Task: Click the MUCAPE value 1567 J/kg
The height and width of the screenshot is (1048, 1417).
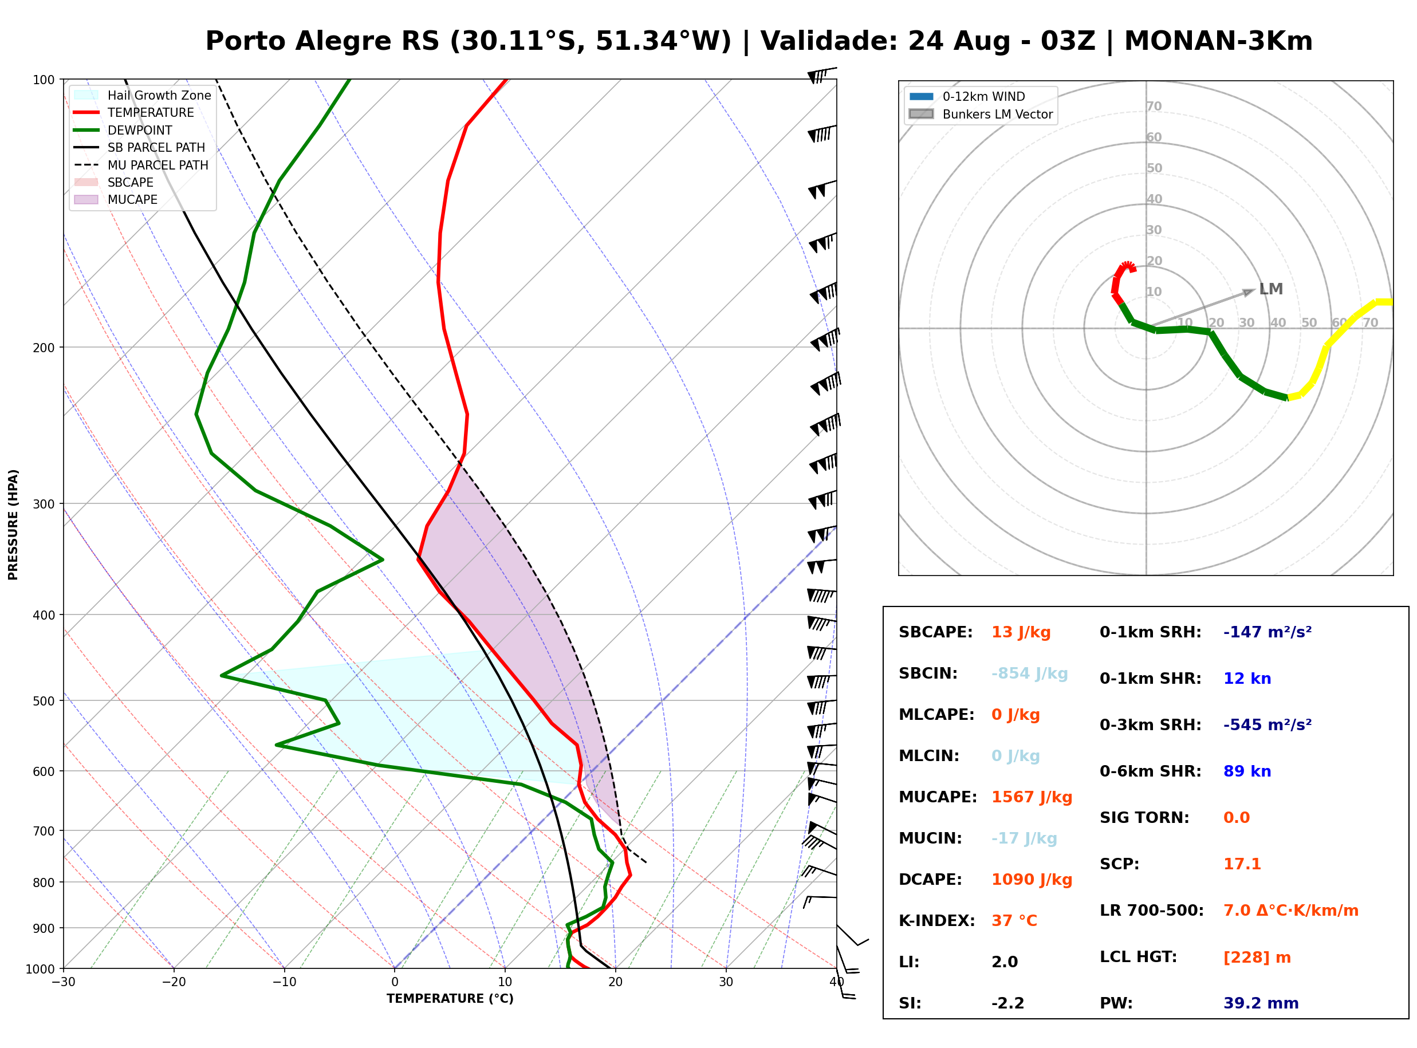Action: (1032, 797)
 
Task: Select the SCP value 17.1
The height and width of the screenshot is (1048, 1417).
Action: (1242, 864)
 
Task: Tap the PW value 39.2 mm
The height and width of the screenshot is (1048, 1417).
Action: (1261, 1003)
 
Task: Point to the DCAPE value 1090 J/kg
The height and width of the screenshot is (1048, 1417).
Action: (1032, 880)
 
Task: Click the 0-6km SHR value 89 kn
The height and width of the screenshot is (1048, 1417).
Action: (1247, 771)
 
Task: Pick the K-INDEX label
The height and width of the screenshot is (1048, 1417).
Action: (937, 920)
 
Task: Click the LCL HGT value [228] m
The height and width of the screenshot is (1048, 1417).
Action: (1257, 958)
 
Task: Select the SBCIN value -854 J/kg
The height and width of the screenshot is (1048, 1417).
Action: (1029, 673)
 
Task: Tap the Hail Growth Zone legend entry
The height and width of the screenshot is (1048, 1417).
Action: (143, 95)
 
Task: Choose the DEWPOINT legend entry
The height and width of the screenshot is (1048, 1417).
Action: (123, 130)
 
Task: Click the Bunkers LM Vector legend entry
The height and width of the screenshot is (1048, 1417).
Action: (981, 114)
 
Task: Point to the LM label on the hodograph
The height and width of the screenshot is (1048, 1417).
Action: (1271, 289)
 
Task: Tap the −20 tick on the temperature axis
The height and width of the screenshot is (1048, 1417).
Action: (174, 982)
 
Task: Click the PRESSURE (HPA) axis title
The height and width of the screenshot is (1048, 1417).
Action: (13, 525)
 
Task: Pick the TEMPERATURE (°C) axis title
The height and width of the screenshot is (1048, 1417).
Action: (450, 999)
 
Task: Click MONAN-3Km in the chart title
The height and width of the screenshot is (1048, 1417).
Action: (1218, 41)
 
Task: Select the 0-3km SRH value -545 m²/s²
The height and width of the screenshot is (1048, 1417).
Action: (1268, 724)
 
